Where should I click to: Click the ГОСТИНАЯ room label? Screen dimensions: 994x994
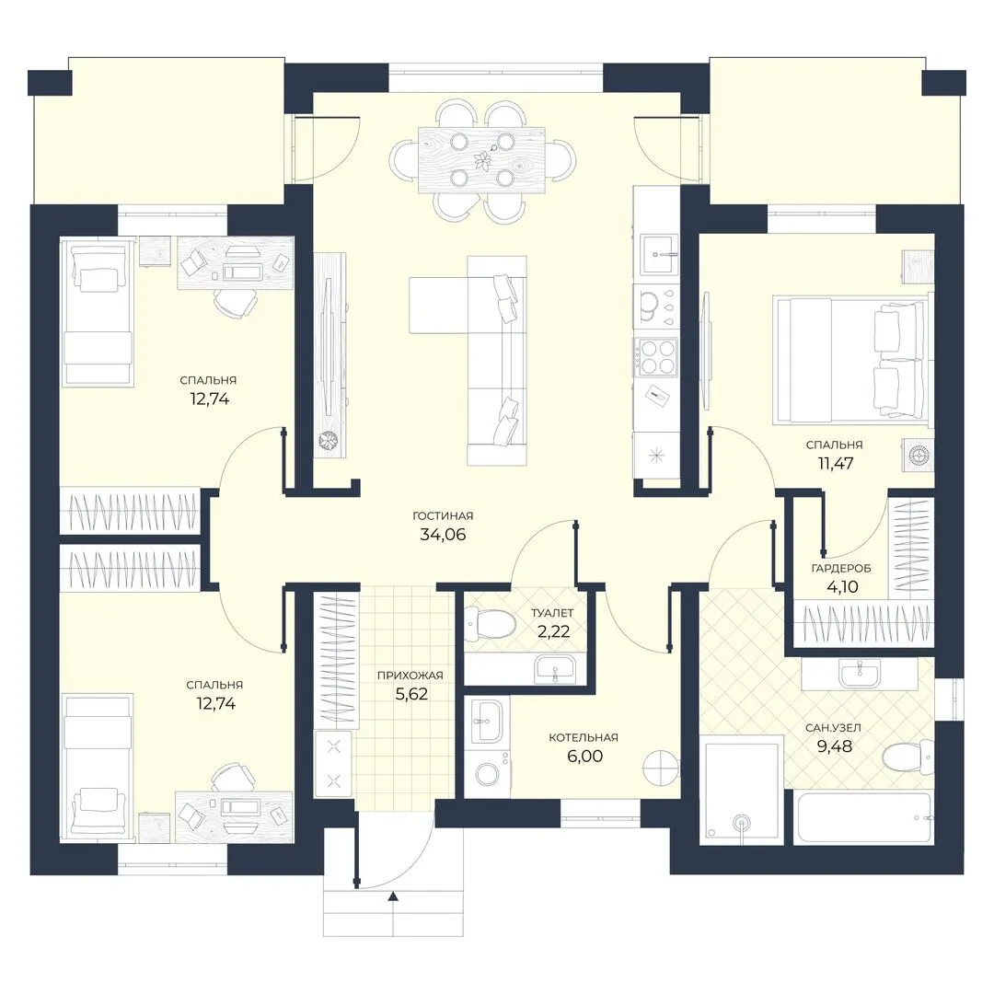443,516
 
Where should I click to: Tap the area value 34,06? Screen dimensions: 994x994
443,535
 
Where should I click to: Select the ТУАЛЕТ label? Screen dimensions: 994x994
552,613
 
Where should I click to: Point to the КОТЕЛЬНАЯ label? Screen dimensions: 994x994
584,738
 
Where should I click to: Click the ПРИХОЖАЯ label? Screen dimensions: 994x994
410,676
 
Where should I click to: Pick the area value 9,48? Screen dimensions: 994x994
834,746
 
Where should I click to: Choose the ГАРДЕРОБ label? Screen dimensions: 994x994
841,569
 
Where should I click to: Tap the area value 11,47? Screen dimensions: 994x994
836,463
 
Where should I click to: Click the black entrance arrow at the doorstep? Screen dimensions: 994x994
393,896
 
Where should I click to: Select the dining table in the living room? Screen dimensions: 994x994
481,160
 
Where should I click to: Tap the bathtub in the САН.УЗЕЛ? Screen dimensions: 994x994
863,817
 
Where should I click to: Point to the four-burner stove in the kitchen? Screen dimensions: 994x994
657,356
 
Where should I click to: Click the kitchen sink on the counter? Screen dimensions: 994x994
659,255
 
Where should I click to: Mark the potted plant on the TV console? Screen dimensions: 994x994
329,442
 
